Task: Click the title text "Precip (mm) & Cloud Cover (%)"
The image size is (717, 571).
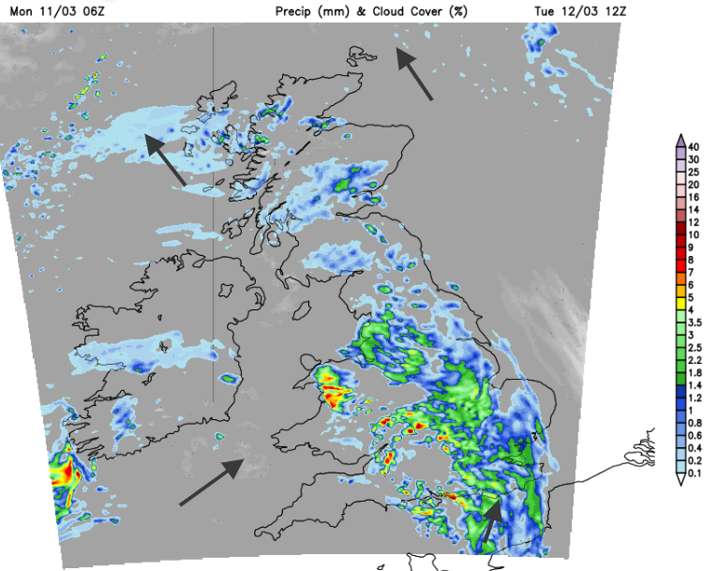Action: tap(372, 10)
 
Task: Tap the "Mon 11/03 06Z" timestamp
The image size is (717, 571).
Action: tap(44, 10)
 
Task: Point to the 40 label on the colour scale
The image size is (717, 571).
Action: tap(694, 147)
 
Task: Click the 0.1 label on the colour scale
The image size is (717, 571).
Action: tap(694, 474)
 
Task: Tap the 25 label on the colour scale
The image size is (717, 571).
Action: tap(694, 173)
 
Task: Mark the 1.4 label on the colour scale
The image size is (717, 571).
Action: tap(694, 385)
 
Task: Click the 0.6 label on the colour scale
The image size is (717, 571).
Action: tap(694, 436)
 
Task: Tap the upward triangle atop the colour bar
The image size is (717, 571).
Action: tap(680, 140)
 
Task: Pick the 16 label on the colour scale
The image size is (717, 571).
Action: tap(694, 198)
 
